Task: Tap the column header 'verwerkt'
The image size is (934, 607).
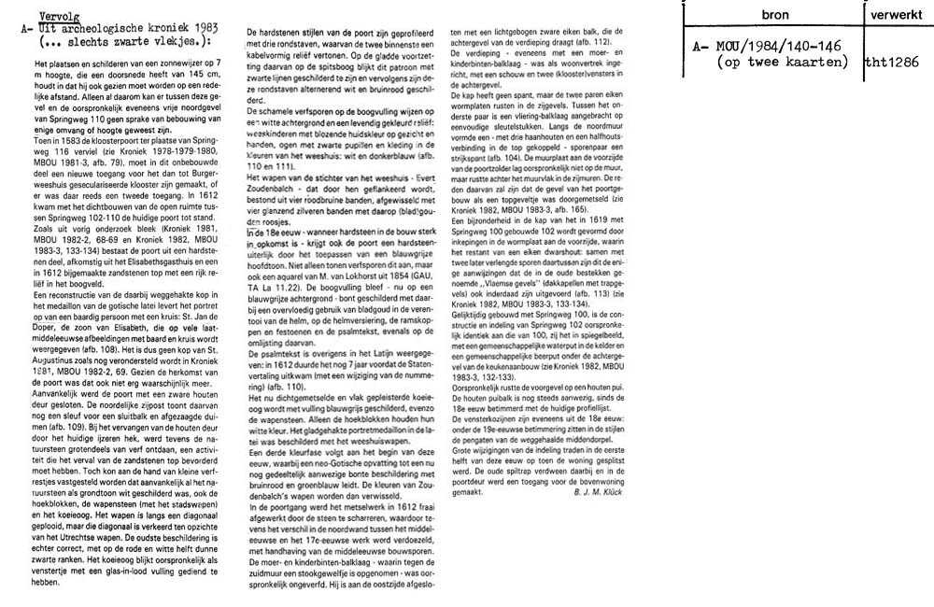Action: (x=892, y=16)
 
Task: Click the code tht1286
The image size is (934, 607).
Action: (x=893, y=62)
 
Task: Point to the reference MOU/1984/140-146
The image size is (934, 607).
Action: (x=769, y=48)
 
